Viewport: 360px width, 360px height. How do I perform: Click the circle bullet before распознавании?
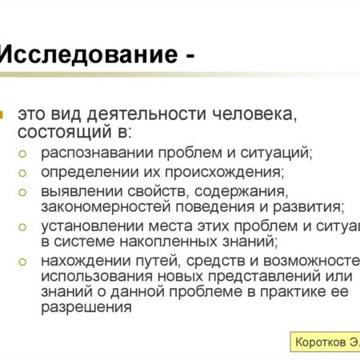(x=26, y=152)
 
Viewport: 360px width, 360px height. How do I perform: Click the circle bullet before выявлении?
(x=26, y=191)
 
